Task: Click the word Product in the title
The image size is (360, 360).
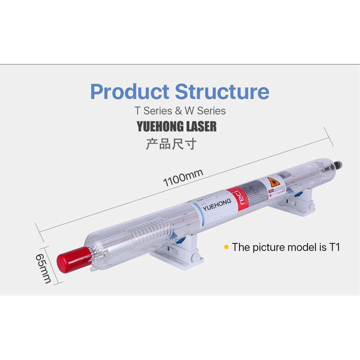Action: [130, 92]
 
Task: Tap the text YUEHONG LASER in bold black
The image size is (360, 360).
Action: [177, 127]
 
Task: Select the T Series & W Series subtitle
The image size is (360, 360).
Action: [180, 111]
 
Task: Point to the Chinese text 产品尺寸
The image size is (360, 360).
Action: [171, 144]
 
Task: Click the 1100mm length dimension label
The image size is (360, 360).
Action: [183, 178]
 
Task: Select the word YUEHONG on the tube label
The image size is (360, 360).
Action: [217, 205]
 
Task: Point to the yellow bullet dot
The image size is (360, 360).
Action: [226, 247]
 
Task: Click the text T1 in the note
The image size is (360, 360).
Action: [334, 247]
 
